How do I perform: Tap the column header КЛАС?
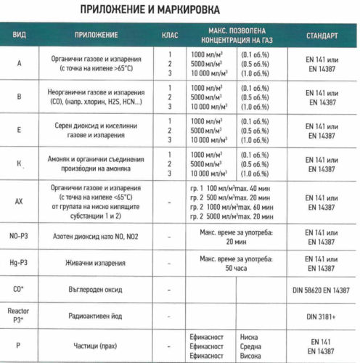pyautogui.click(x=168, y=36)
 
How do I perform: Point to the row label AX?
pyautogui.click(x=20, y=201)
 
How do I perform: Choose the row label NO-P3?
pyautogui.click(x=20, y=236)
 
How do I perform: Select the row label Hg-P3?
pyautogui.click(x=20, y=261)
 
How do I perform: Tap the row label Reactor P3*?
pyautogui.click(x=20, y=314)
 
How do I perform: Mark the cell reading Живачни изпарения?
pyautogui.click(x=100, y=262)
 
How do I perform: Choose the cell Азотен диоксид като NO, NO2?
pyautogui.click(x=100, y=236)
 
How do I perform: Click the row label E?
pyautogui.click(x=20, y=131)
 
